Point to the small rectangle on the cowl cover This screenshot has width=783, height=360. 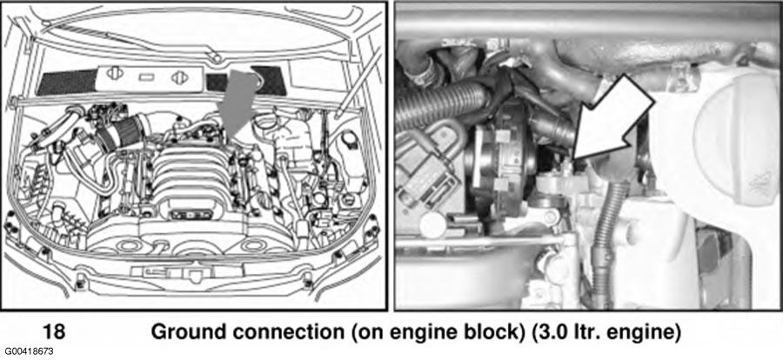point(146,77)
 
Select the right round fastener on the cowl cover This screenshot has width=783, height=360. point(178,78)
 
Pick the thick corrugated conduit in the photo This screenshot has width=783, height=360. point(439,107)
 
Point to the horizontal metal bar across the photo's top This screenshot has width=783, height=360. point(588,23)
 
